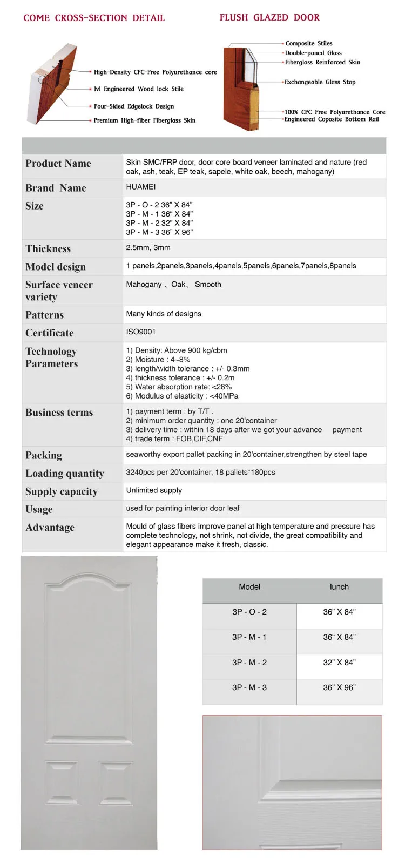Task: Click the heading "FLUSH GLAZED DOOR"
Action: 269,17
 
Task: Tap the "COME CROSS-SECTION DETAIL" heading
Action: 94,18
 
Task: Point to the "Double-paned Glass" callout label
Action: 313,53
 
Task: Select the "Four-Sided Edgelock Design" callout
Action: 134,106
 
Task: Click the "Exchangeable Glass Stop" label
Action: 320,82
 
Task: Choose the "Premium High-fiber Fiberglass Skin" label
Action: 145,120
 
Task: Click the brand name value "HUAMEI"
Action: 141,187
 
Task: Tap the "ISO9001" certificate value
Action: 140,332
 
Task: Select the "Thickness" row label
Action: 48,248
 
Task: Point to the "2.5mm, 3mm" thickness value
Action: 148,247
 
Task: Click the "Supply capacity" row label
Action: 62,491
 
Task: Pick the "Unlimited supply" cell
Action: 154,490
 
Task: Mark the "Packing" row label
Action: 44,455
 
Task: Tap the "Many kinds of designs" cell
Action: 164,314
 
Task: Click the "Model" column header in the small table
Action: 249,587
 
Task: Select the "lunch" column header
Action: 339,587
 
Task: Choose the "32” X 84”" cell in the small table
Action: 339,663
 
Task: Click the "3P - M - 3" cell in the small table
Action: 249,687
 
